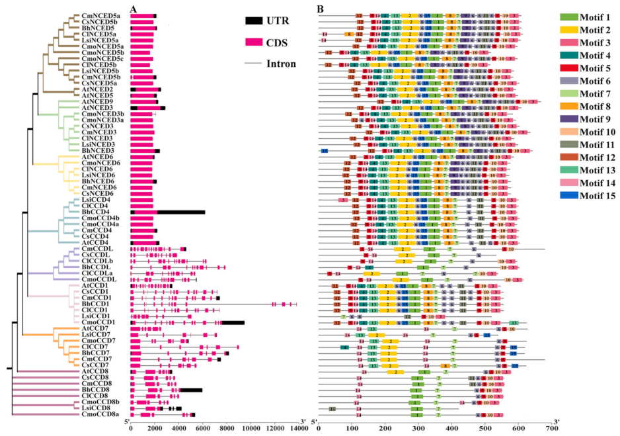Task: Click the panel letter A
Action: (x=134, y=9)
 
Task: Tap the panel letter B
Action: (x=321, y=9)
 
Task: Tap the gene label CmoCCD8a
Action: (x=100, y=414)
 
